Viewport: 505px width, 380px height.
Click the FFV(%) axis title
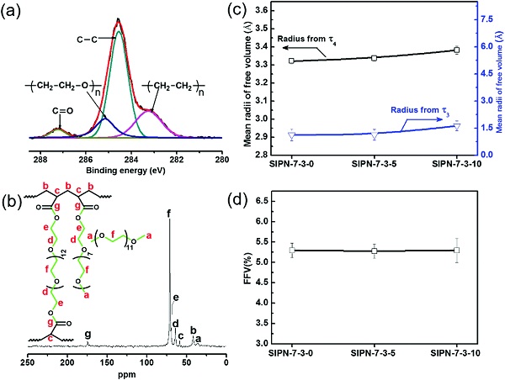tap(246, 273)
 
